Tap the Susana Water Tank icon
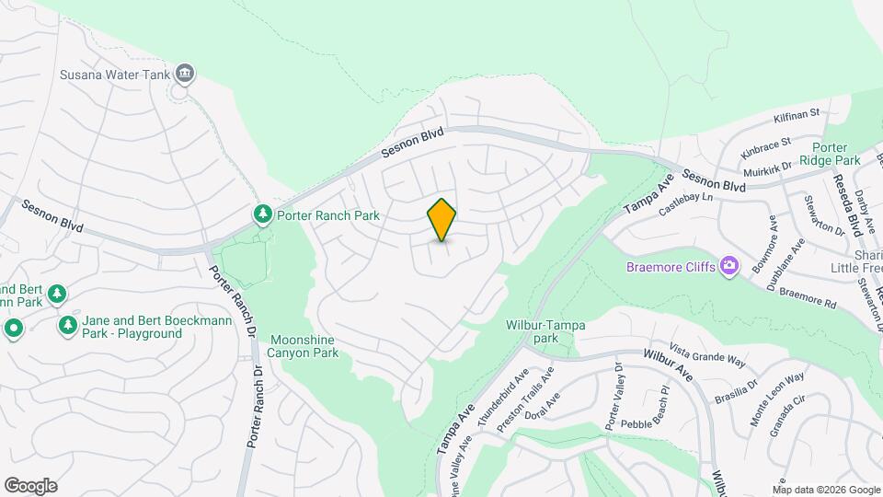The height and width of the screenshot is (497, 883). pyautogui.click(x=186, y=74)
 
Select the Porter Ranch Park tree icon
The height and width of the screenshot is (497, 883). pyautogui.click(x=264, y=214)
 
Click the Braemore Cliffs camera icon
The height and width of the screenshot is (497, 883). pyautogui.click(x=729, y=266)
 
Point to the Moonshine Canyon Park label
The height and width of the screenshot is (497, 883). pyautogui.click(x=302, y=346)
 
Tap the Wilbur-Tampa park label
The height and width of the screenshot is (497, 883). pyautogui.click(x=545, y=331)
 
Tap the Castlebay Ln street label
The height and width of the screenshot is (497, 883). pyautogui.click(x=686, y=205)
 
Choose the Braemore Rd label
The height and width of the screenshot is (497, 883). pyautogui.click(x=807, y=295)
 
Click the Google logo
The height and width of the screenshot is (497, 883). pyautogui.click(x=30, y=485)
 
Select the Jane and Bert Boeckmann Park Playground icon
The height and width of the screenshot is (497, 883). pyautogui.click(x=67, y=326)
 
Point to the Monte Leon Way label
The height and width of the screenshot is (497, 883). pyautogui.click(x=776, y=397)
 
